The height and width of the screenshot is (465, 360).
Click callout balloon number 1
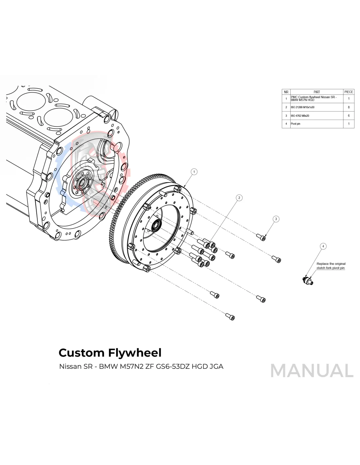[x=194, y=172]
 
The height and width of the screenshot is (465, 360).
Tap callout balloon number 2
[x=239, y=198]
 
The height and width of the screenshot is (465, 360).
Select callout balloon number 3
[x=276, y=219]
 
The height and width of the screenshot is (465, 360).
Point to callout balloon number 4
[x=323, y=246]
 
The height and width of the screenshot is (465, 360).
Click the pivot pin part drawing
[x=308, y=280]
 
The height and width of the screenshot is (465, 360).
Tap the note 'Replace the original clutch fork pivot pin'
[x=331, y=266]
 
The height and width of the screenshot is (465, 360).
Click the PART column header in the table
[x=316, y=92]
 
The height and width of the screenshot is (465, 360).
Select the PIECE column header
[x=349, y=92]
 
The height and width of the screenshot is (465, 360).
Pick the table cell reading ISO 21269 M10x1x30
[x=303, y=107]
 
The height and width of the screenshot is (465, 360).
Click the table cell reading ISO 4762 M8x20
[x=300, y=116]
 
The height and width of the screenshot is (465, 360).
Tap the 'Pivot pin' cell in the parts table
[x=296, y=124]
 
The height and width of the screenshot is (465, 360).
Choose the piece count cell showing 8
[x=349, y=107]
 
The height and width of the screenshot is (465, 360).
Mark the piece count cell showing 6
[x=349, y=116]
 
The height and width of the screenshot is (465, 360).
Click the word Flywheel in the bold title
[x=135, y=353]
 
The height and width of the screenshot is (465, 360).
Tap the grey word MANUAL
[x=312, y=371]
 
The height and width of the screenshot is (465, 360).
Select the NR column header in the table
[x=286, y=92]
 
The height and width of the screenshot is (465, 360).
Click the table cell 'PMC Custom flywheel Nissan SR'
[x=314, y=98]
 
